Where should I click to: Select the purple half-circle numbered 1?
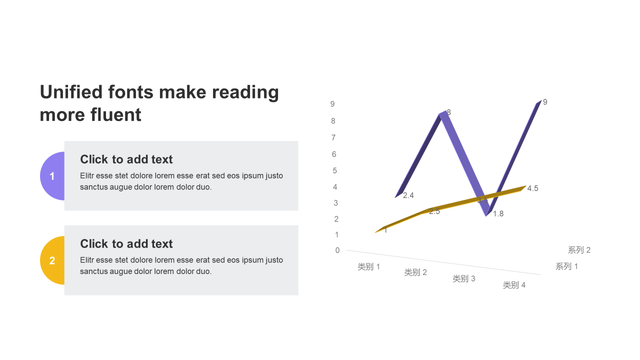[x=52, y=176]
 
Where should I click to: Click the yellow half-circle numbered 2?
[x=52, y=260]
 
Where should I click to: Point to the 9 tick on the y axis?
[x=332, y=104]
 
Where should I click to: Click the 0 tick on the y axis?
[x=337, y=250]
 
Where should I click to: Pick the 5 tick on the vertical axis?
[x=334, y=170]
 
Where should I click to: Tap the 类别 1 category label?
[x=368, y=266]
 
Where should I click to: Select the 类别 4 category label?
[x=514, y=285]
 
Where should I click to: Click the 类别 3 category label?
[x=463, y=278]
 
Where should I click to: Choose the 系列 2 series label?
[x=579, y=250]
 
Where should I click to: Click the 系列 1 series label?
[x=566, y=266]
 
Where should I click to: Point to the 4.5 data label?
[x=532, y=188]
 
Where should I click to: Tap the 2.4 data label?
[x=408, y=195]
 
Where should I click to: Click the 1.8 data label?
[x=498, y=213]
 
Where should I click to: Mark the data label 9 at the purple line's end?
[x=545, y=102]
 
